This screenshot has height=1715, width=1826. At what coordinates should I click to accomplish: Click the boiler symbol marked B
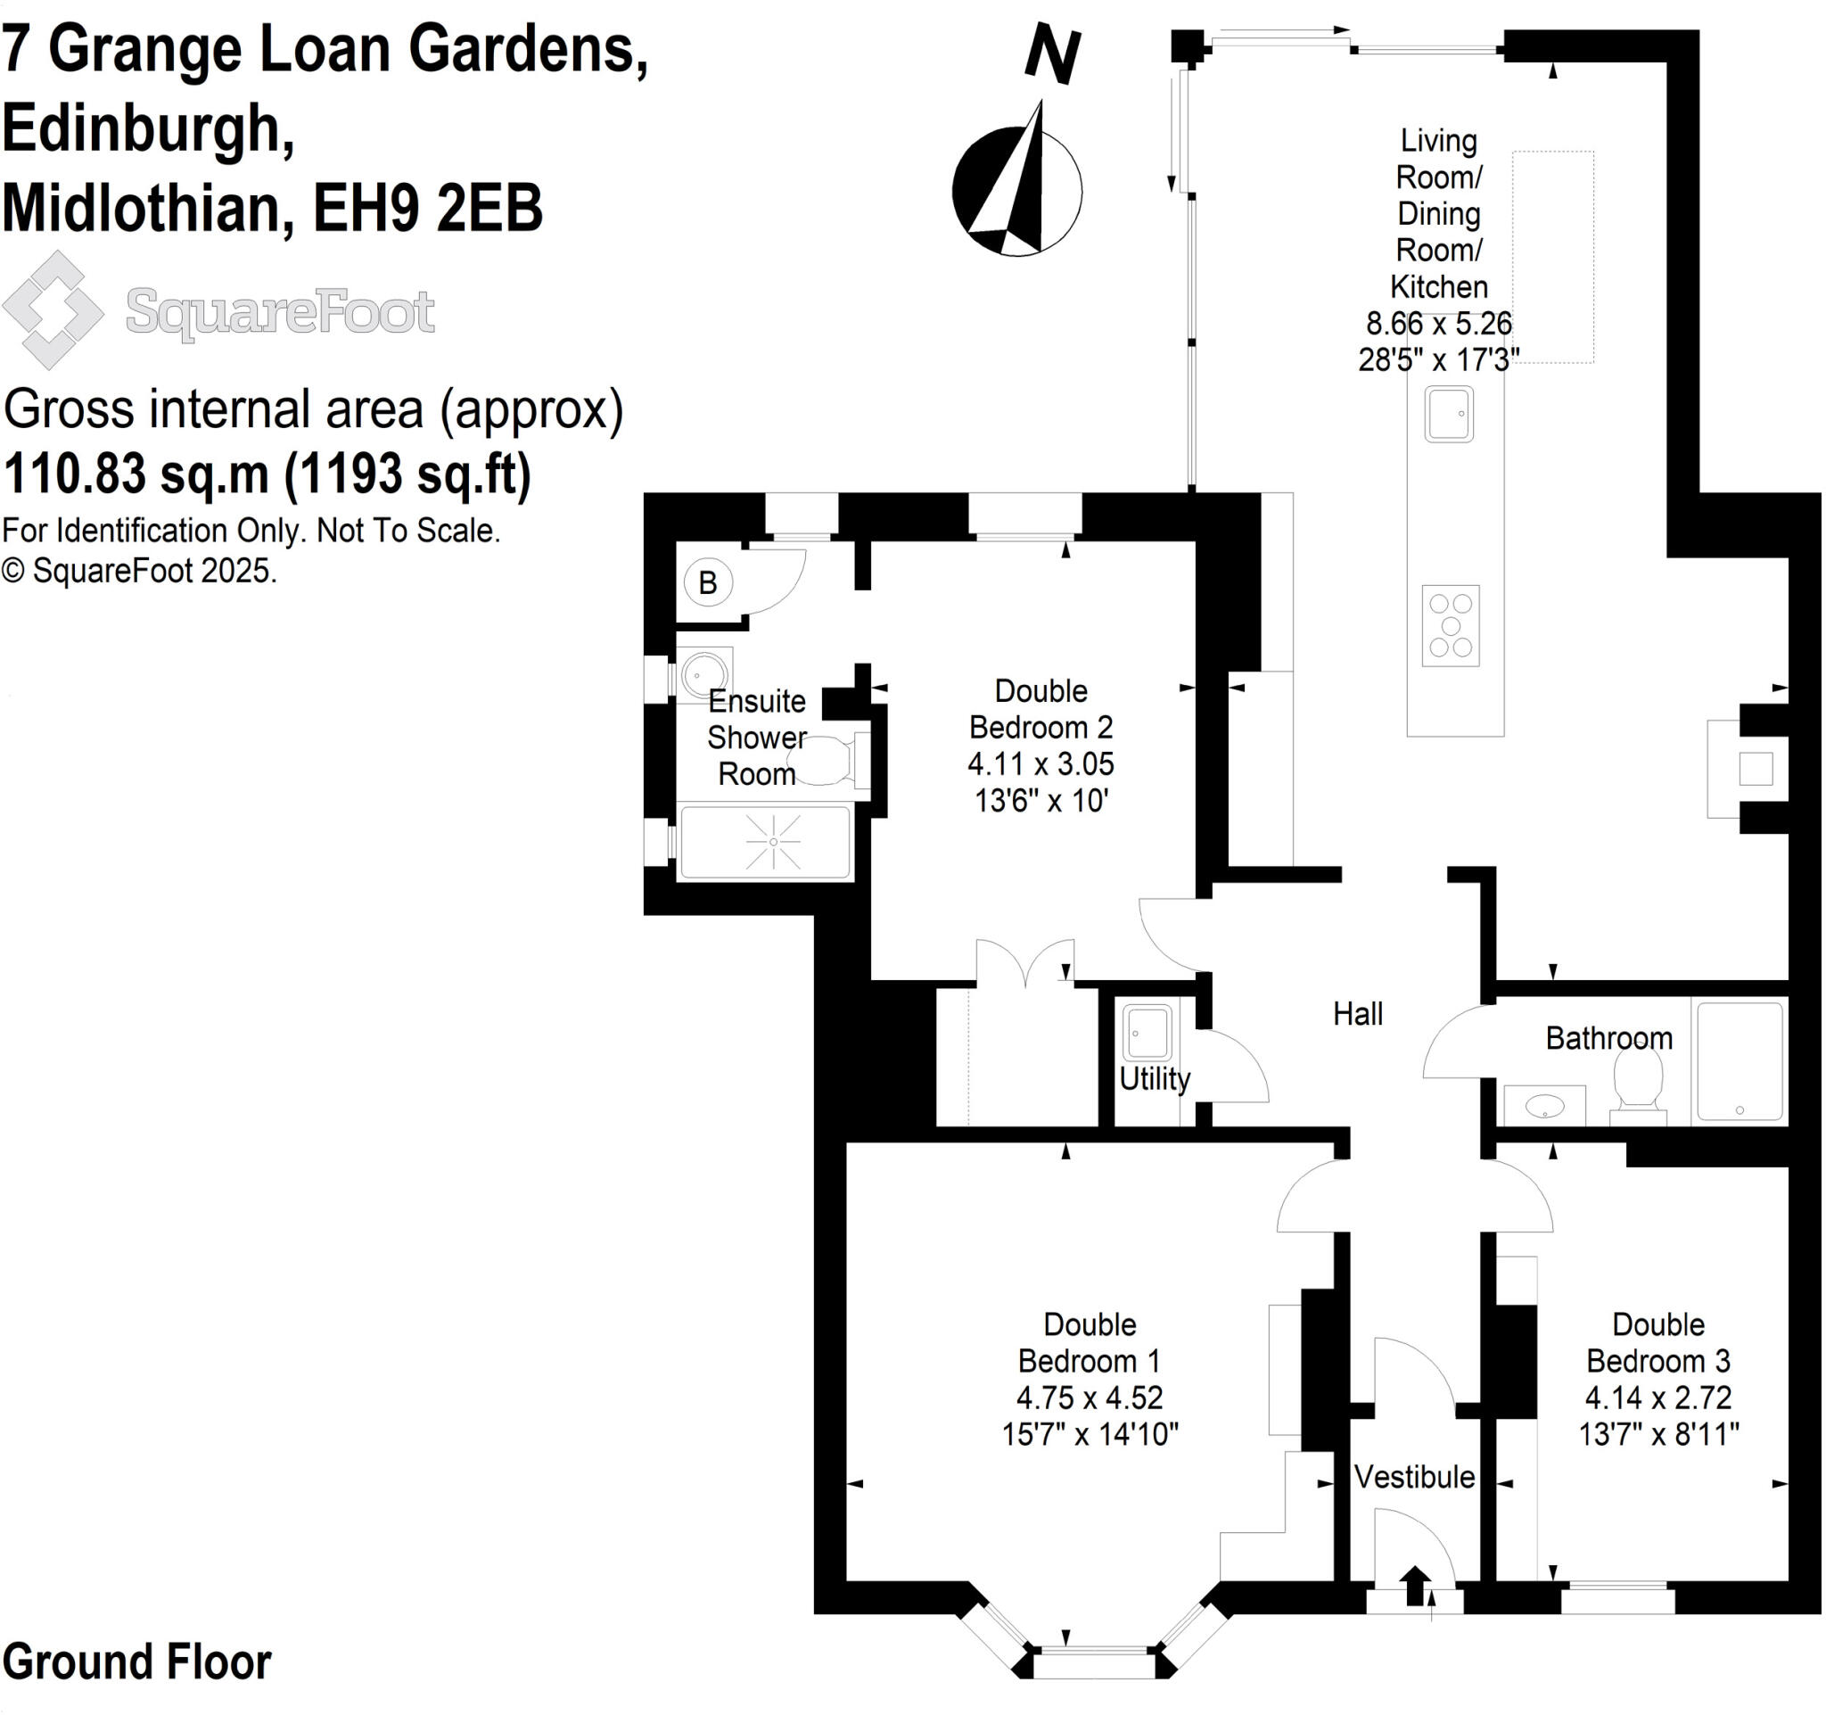click(x=707, y=582)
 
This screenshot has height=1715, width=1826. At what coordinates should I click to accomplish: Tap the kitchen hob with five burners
click(x=1451, y=625)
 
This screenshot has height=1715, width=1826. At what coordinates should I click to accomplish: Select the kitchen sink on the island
click(x=1449, y=415)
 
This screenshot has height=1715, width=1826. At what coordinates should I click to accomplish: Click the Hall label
click(x=1358, y=1014)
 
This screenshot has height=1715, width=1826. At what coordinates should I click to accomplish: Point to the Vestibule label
click(x=1414, y=1477)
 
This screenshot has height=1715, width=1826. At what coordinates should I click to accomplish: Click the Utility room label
click(x=1155, y=1078)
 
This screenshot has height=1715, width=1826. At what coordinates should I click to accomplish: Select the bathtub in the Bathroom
click(x=1740, y=1061)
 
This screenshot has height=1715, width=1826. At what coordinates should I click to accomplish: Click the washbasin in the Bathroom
click(x=1545, y=1106)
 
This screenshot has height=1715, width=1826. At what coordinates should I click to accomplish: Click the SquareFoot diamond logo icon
click(x=53, y=310)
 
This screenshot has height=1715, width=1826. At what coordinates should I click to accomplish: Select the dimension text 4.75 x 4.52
click(x=1090, y=1398)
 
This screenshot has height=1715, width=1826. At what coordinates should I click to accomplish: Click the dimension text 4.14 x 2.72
click(x=1657, y=1398)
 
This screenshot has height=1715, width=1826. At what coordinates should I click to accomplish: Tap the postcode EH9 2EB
click(x=428, y=208)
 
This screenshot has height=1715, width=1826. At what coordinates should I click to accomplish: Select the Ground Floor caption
click(x=136, y=1662)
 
